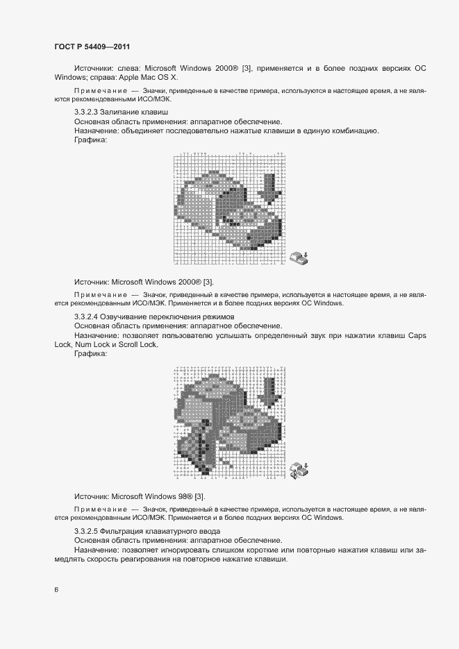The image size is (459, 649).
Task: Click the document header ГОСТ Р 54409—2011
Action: click(92, 47)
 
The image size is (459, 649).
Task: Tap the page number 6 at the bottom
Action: click(56, 590)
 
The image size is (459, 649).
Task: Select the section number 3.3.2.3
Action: click(87, 112)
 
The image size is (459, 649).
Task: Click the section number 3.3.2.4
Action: click(87, 317)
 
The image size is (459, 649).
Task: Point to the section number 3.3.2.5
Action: click(87, 532)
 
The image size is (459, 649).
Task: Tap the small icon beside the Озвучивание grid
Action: click(299, 470)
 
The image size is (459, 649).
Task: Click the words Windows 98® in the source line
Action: click(169, 496)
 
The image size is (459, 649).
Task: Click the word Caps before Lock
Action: click(417, 335)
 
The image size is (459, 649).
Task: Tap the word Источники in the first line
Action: click(95, 68)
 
